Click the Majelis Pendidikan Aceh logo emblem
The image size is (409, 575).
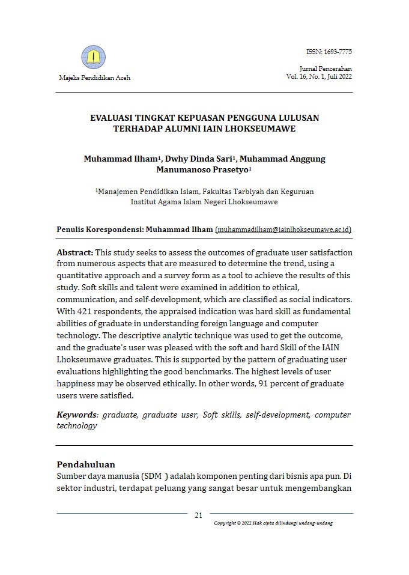(93, 58)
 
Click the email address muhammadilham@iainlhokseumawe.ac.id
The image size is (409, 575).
(283, 230)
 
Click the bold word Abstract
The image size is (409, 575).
(75, 252)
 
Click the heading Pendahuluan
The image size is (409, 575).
(85, 464)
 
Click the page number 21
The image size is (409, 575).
(199, 516)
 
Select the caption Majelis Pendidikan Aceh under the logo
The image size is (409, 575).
(94, 78)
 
